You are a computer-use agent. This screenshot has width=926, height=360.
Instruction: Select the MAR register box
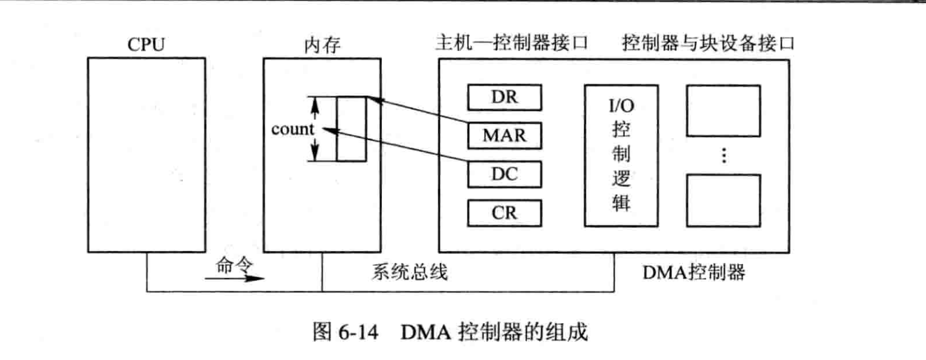[504, 136]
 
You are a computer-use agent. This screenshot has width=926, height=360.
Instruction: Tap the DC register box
[504, 174]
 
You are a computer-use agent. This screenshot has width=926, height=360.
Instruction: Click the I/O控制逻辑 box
[621, 156]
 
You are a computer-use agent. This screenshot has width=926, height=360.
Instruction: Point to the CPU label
[146, 45]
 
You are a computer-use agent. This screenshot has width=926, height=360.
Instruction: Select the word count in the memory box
[293, 129]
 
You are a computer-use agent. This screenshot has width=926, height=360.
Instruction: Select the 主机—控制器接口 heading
[512, 44]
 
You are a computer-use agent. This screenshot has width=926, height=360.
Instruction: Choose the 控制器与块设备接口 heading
[708, 44]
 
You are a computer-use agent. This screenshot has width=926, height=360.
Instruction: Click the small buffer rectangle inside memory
[351, 128]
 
